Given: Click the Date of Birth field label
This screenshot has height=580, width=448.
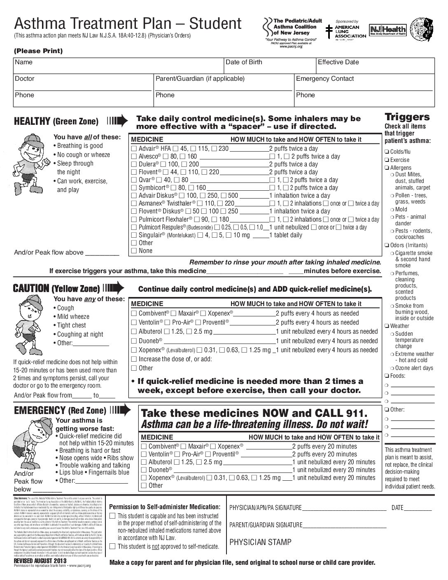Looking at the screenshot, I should (244, 62).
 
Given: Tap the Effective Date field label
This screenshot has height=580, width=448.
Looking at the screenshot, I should (338, 62).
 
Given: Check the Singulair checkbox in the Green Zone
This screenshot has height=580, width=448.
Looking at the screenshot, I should (134, 235).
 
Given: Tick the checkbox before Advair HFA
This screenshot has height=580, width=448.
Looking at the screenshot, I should (134, 149).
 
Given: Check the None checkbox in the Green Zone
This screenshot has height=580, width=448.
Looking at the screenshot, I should (134, 251).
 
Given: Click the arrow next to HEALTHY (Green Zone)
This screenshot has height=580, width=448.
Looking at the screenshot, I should (117, 121).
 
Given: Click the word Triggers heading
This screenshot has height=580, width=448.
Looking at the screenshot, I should (407, 117).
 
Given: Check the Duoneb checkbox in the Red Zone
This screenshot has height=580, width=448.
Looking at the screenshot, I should (144, 470).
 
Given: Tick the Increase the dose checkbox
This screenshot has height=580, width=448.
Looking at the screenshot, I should (134, 359).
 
